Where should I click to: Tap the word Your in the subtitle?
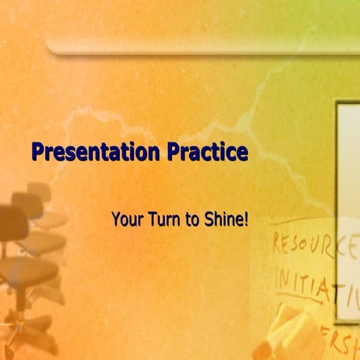124,220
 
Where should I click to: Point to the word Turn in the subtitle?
157,220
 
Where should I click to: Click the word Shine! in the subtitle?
226,220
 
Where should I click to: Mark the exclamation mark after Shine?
245,220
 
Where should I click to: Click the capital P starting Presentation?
37,153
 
